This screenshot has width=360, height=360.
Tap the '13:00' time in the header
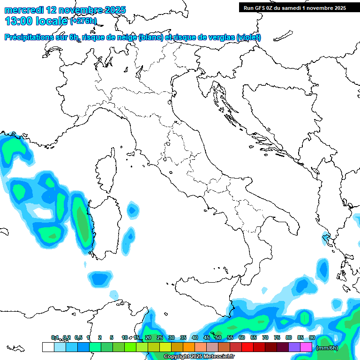click(18, 21)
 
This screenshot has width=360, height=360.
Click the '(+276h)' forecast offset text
click(83, 21)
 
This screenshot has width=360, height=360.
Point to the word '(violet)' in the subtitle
click(249, 37)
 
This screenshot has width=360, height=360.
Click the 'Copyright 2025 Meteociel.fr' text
click(199, 357)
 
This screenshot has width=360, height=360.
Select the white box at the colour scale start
click(48, 347)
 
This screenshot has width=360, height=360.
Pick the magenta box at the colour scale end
click(306, 347)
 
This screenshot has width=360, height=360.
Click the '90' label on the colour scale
click(312, 338)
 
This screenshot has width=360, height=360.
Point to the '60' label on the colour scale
click(241, 338)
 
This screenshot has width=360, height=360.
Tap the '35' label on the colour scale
click(183, 338)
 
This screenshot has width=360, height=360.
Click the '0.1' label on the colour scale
click(55, 338)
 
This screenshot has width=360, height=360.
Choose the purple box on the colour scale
click(294, 347)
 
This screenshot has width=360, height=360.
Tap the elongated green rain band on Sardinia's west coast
click(82, 220)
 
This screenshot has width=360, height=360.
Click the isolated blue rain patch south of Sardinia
click(99, 279)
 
